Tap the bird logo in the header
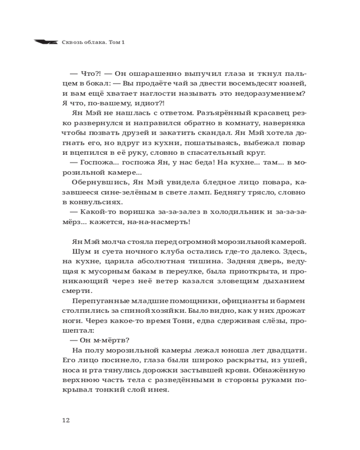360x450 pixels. tap(45, 42)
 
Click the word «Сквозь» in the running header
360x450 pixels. tap(73, 42)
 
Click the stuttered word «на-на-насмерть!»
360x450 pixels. tap(157, 222)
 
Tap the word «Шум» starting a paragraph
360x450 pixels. tap(79, 252)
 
